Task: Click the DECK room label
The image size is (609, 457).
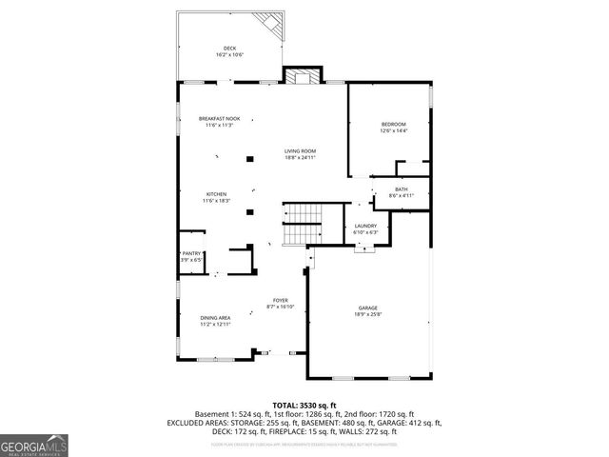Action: tap(229, 49)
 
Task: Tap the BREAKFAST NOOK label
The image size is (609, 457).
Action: tap(219, 118)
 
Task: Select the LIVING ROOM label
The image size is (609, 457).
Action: tap(300, 151)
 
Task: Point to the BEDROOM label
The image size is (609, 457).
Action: tap(394, 125)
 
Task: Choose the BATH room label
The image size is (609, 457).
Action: tap(402, 189)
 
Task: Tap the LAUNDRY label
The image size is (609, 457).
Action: tap(365, 226)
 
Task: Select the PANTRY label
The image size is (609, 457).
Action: tap(192, 253)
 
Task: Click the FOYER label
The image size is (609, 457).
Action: tap(282, 300)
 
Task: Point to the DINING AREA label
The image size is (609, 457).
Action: tap(215, 317)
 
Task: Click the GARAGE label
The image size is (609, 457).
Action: tap(368, 308)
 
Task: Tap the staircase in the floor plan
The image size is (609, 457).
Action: tap(304, 224)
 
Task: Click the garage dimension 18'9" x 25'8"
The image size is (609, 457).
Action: tap(368, 314)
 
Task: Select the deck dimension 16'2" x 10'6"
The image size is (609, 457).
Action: tap(229, 55)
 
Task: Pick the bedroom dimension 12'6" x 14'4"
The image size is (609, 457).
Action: tap(394, 131)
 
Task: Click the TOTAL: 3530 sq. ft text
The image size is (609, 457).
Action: tap(304, 405)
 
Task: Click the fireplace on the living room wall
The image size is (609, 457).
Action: tap(304, 76)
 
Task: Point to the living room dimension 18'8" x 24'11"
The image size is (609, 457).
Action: tap(300, 158)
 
